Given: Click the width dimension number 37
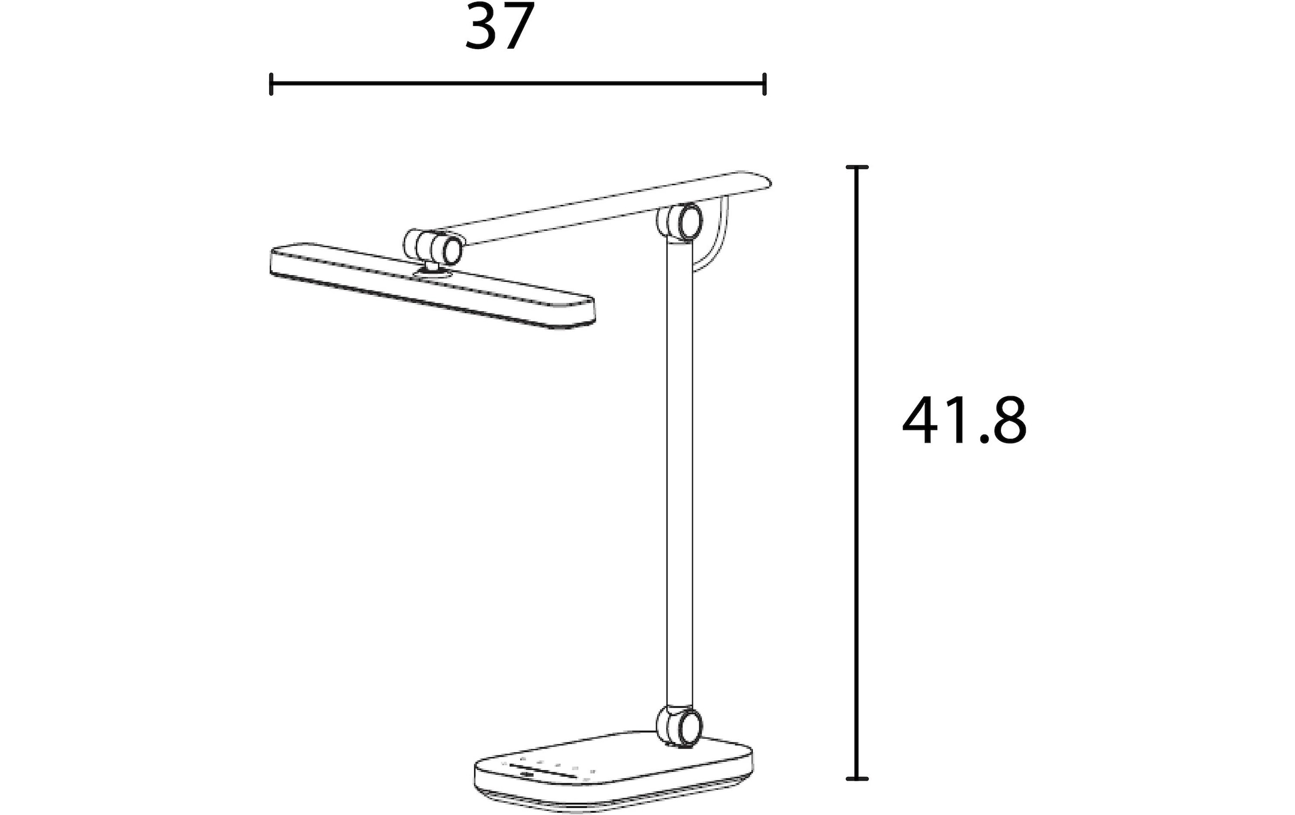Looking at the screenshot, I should [500, 27].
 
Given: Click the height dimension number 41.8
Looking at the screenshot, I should [964, 422].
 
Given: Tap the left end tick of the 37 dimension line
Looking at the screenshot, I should [271, 84].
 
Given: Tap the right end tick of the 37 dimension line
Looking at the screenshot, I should [765, 84].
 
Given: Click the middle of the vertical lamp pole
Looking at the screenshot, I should [680, 475].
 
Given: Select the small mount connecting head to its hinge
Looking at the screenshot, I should [432, 268].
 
